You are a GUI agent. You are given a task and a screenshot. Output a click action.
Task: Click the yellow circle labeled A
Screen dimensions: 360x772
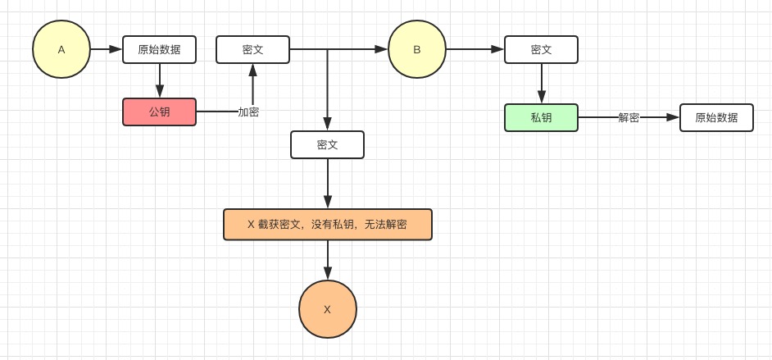click(x=61, y=49)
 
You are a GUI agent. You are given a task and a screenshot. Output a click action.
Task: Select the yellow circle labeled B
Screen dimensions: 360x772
click(x=417, y=49)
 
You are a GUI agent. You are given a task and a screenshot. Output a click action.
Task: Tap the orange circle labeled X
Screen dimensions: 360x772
click(x=328, y=309)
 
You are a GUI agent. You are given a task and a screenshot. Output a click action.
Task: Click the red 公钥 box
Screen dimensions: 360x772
click(x=160, y=112)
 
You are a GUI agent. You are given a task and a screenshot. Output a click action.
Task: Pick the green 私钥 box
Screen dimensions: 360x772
click(x=541, y=117)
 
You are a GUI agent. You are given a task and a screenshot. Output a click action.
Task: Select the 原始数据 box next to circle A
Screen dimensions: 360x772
click(x=160, y=49)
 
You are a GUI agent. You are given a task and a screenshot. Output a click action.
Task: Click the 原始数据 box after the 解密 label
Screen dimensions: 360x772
click(x=716, y=117)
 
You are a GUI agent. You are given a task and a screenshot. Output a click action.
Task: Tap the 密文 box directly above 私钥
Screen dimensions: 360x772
click(x=541, y=49)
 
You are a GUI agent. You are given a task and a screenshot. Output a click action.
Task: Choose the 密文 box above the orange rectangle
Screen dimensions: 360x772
click(x=328, y=144)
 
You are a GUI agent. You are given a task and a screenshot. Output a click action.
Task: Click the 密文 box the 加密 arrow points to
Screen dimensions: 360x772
click(x=252, y=49)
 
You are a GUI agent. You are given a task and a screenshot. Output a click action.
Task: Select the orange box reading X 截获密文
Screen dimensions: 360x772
click(x=328, y=224)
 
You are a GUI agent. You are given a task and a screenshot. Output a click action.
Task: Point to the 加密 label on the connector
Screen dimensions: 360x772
click(x=248, y=112)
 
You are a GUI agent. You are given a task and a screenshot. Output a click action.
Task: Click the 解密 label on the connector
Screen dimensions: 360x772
click(x=629, y=117)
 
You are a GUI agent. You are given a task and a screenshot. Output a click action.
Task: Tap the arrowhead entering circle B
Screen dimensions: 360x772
click(x=381, y=49)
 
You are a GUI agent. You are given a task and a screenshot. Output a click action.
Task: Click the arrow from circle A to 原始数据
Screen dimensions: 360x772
click(x=107, y=49)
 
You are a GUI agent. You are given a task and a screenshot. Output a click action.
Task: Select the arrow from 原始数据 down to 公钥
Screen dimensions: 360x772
click(x=160, y=80)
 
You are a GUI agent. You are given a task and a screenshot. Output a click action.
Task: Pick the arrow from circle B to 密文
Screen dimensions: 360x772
click(x=475, y=49)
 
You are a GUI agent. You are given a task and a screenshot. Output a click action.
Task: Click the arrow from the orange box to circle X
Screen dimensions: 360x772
click(x=328, y=260)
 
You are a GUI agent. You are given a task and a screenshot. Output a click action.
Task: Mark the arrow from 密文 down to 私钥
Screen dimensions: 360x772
click(x=541, y=83)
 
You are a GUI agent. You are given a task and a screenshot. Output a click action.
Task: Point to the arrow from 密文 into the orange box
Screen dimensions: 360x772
click(x=328, y=184)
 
